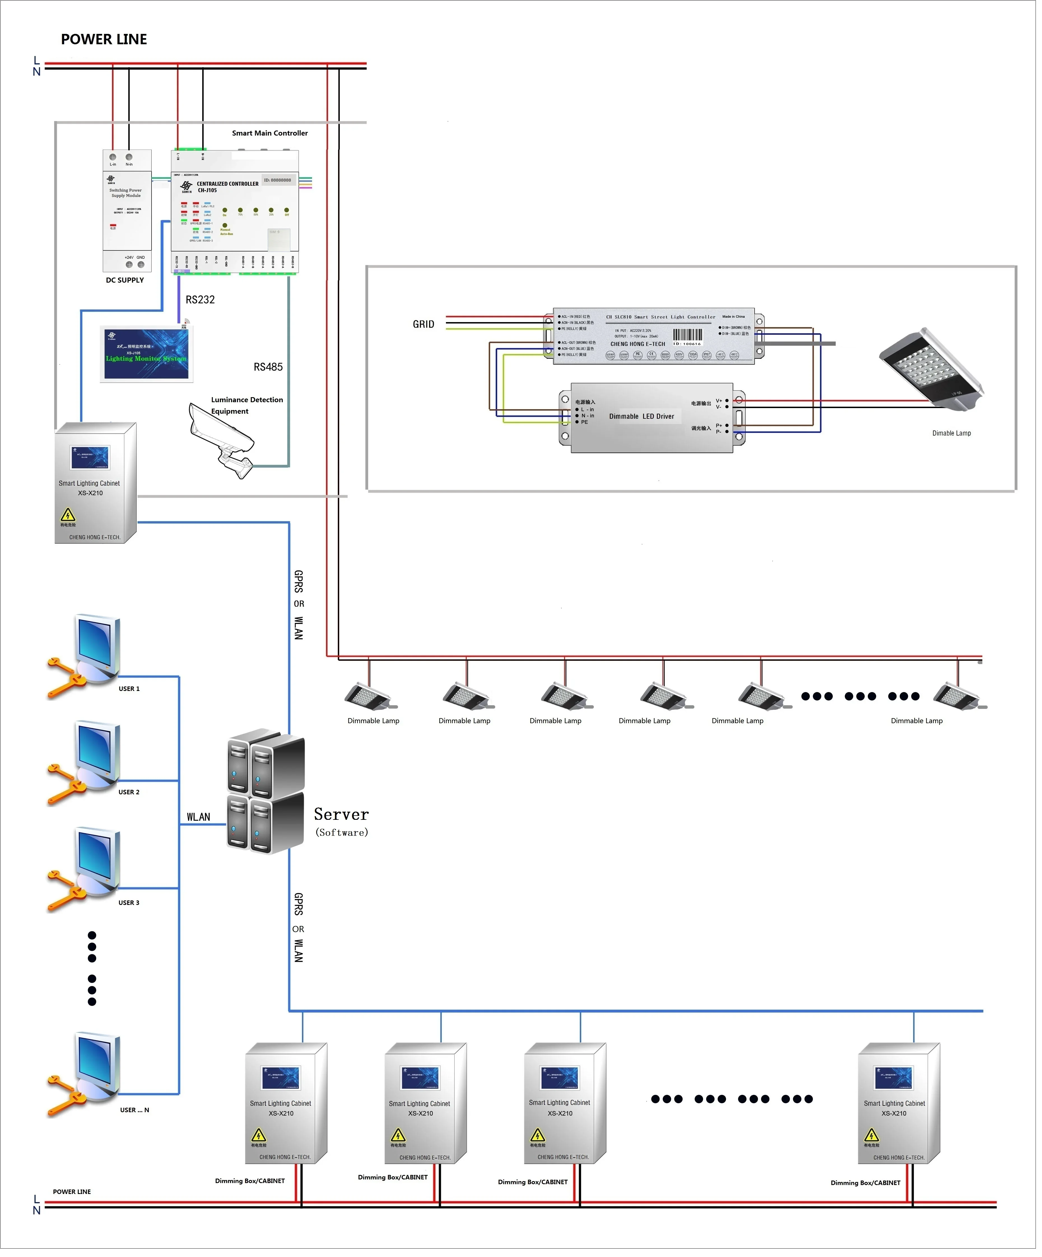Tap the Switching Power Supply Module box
tap(127, 204)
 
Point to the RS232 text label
tap(200, 300)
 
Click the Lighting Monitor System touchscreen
tap(146, 354)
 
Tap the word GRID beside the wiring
tap(423, 324)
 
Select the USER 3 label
tap(129, 903)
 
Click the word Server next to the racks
tap(341, 815)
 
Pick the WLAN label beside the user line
tap(198, 818)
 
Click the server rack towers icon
tap(266, 790)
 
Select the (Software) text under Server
tap(342, 833)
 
